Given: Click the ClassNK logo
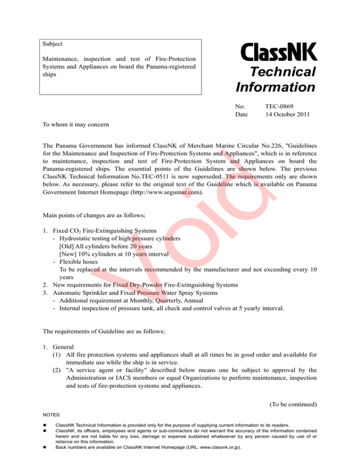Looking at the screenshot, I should click(x=279, y=52).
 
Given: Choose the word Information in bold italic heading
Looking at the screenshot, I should click(x=275, y=87).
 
